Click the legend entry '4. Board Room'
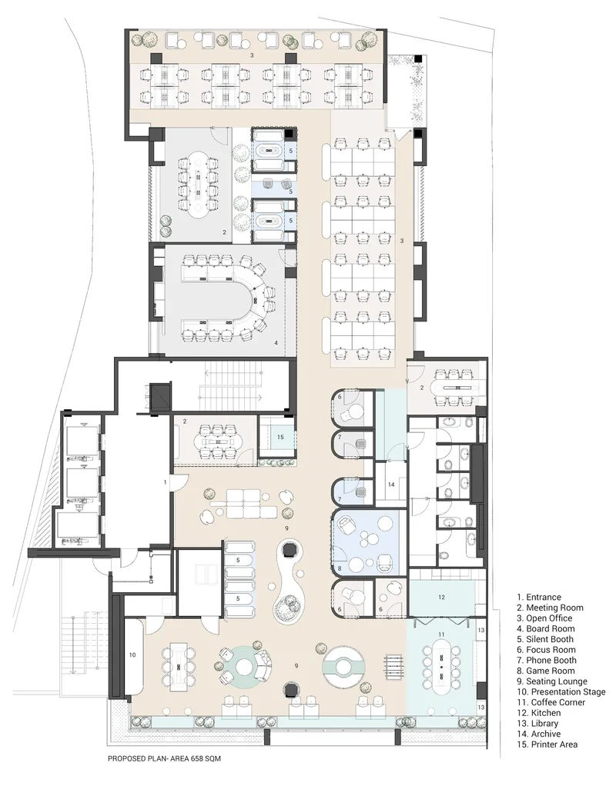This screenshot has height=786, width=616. coord(546,628)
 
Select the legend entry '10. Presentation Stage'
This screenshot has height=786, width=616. coord(561,691)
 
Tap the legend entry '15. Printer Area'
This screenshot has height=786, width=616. coord(547,744)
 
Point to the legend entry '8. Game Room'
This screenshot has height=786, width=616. coord(546,671)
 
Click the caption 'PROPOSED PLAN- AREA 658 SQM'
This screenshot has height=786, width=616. coord(164,758)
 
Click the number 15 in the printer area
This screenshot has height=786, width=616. coord(280,437)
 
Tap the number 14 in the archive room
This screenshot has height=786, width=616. coord(391,485)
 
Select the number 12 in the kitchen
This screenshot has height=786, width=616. coord(441,597)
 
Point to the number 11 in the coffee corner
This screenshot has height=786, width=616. coord(441,634)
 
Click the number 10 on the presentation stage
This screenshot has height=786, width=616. coord(132,654)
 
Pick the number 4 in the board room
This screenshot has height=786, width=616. coord(276,343)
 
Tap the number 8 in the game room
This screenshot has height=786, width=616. coord(340,568)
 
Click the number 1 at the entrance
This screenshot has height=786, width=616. coord(165,481)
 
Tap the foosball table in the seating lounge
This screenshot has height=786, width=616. coord(393,668)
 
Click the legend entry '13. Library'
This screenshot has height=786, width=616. coord(537,724)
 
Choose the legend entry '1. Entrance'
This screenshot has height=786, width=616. coord(539,597)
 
